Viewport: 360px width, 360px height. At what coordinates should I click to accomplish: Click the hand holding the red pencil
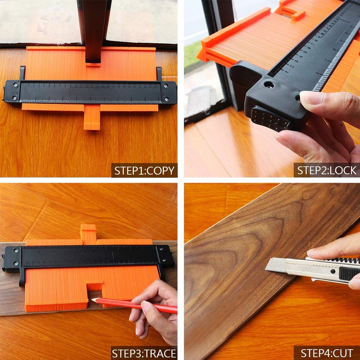[x=155, y=310]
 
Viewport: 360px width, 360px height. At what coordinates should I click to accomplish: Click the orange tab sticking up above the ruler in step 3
[x=88, y=234]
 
